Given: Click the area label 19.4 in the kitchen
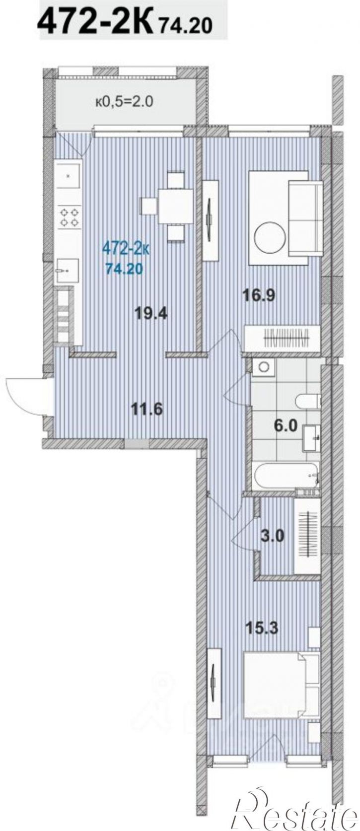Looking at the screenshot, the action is (151, 314).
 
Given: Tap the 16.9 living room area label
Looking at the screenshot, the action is (258, 295).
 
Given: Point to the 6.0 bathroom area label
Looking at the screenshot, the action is (286, 425).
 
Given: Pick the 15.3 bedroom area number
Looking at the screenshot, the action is (262, 627).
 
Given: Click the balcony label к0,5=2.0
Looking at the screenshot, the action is (124, 101).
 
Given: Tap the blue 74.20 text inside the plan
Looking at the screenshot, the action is (124, 269).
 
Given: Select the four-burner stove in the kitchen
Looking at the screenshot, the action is (70, 217).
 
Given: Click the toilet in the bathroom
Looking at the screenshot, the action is (308, 401).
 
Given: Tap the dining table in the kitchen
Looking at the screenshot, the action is (176, 207).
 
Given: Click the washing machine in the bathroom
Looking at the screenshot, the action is (264, 367).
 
